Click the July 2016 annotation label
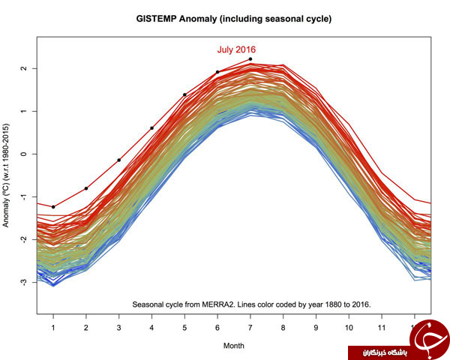click(x=236, y=49)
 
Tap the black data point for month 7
click(x=250, y=59)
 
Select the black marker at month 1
click(x=53, y=207)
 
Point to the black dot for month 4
click(x=151, y=128)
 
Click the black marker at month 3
click(x=118, y=160)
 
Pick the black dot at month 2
click(x=86, y=188)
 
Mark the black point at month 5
click(x=184, y=94)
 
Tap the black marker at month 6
click(x=217, y=72)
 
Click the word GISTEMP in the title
click(x=156, y=19)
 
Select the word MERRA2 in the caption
click(x=217, y=304)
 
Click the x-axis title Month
click(x=233, y=346)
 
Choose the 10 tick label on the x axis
click(x=349, y=328)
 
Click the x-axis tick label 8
click(x=283, y=328)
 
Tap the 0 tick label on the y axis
click(x=24, y=154)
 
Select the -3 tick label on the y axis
click(x=24, y=282)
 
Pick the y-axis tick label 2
click(x=24, y=68)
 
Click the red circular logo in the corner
click(x=430, y=340)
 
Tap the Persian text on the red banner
click(x=384, y=352)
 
